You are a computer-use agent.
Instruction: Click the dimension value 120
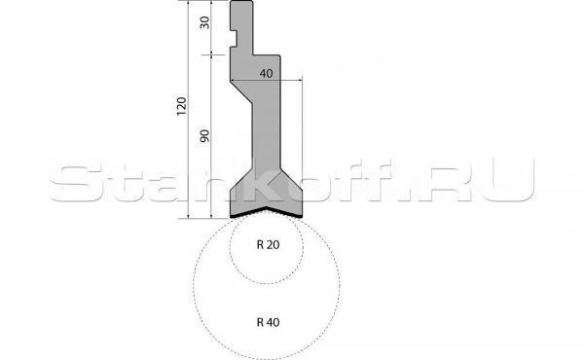pos(181,106)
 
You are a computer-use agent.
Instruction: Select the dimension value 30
pos(204,22)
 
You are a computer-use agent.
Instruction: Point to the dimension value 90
pos(204,136)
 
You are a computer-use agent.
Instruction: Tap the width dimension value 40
pos(266,73)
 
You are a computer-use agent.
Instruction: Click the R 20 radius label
pos(269,244)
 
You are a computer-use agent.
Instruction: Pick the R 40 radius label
pos(269,322)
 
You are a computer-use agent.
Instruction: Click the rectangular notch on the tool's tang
pos(234,38)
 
